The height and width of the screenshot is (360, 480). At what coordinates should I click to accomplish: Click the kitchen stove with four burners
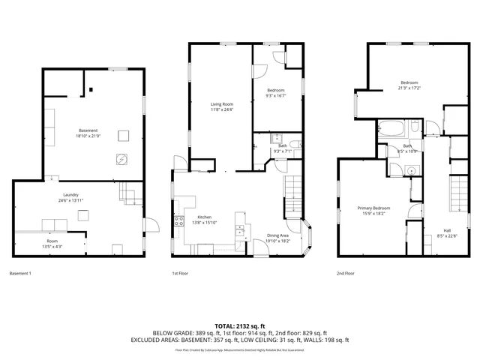click(179, 220)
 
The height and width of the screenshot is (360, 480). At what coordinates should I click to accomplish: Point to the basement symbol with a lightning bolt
click(121, 158)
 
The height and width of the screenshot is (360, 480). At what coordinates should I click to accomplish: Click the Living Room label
click(221, 104)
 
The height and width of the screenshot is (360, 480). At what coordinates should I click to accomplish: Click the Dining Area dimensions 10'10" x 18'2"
click(278, 241)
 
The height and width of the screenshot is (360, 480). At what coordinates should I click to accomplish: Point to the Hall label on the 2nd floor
click(426, 230)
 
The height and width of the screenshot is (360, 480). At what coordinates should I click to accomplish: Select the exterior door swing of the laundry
click(151, 223)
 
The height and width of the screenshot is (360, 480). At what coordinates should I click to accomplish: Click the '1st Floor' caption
click(181, 274)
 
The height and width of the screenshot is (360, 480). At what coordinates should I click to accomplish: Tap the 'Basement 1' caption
click(20, 274)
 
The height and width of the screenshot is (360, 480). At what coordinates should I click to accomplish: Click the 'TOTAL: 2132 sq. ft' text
click(239, 325)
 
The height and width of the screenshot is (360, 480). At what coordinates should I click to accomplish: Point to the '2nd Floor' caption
click(346, 274)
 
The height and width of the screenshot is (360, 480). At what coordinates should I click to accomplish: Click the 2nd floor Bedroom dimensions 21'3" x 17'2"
click(409, 87)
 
